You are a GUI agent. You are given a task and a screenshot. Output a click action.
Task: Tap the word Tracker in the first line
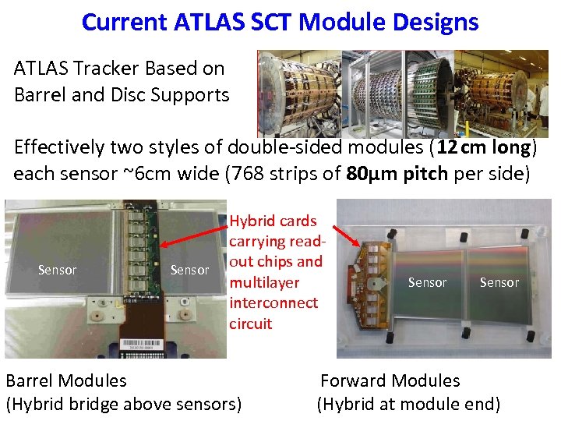coord(105,69)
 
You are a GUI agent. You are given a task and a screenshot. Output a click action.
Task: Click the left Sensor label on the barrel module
coord(57,270)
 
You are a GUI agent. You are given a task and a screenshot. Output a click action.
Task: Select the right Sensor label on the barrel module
coord(189,270)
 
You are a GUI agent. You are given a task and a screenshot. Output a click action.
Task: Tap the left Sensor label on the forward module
coord(427,282)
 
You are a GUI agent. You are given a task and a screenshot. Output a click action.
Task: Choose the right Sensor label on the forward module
coord(499,282)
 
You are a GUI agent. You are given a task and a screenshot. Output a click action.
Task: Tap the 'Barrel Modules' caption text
coord(66,380)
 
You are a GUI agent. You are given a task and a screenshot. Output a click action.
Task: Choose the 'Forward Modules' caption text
coord(390,380)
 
